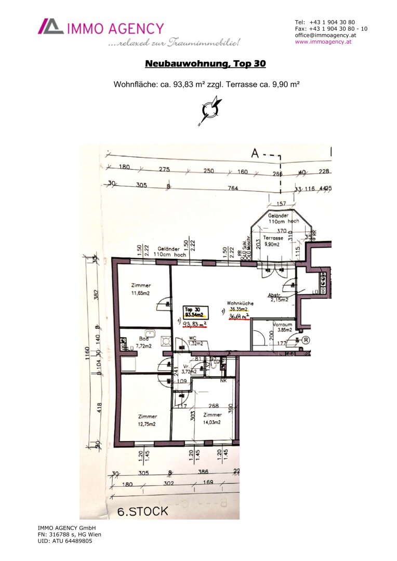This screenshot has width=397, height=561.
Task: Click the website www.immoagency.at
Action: click(x=323, y=42)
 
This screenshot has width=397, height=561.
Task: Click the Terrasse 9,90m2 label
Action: click(x=273, y=240)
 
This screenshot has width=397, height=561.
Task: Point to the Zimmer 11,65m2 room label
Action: click(x=141, y=289)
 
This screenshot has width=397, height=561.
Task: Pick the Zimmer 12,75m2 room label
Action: click(x=148, y=419)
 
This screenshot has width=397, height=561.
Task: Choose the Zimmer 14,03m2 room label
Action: click(x=212, y=418)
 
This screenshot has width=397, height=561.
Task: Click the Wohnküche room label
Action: click(x=240, y=305)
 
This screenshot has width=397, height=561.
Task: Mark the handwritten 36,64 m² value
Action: click(x=240, y=316)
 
